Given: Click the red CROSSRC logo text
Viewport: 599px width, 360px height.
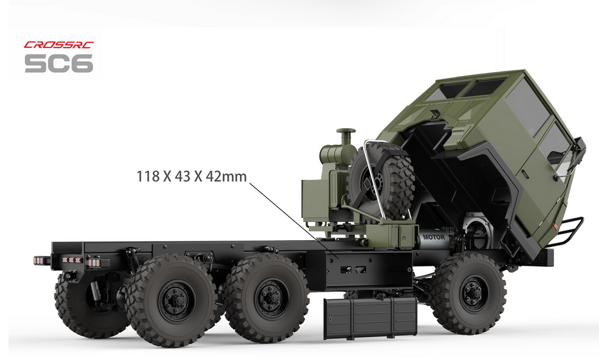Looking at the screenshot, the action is click(x=59, y=44).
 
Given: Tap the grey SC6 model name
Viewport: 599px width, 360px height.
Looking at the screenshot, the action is click(x=59, y=63).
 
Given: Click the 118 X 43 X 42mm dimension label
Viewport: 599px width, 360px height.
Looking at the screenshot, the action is click(x=191, y=177).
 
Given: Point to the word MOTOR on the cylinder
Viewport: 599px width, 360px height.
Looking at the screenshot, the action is click(x=433, y=237).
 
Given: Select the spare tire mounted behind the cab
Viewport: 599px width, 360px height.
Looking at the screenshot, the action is click(x=381, y=181).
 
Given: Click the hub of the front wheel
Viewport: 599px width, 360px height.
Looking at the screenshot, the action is click(x=473, y=293).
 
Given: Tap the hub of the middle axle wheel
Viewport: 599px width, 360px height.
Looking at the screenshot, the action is click(x=271, y=298).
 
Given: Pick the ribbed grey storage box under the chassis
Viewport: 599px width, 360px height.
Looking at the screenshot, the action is click(x=370, y=318).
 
